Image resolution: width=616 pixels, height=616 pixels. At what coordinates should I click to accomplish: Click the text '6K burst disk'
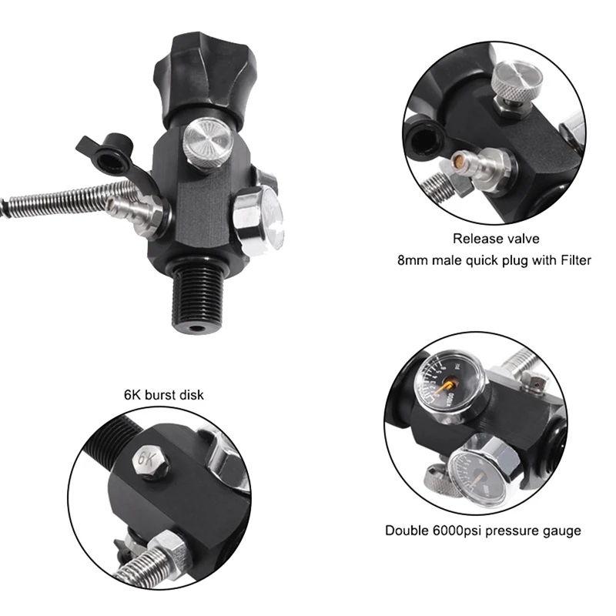coord(163,395)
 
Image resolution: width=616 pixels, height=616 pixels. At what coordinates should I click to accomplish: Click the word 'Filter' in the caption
coord(574,260)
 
